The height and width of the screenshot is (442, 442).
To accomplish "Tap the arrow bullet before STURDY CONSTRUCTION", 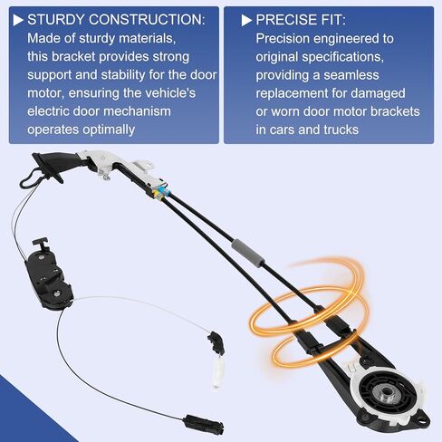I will (18, 18).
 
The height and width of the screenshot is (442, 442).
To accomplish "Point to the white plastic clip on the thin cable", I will (218, 372).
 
